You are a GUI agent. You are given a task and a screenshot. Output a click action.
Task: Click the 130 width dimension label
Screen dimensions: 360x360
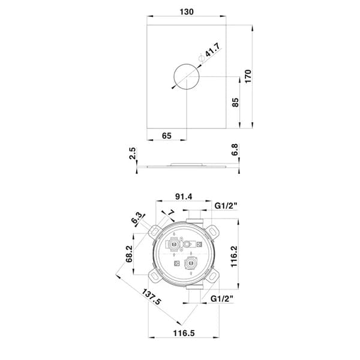[x=187, y=12]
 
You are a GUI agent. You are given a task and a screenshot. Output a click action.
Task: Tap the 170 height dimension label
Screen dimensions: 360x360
[x=248, y=76]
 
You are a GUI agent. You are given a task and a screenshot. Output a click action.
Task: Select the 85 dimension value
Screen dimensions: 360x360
[x=235, y=103]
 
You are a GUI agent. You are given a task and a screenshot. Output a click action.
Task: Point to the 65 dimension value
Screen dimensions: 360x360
[x=167, y=136]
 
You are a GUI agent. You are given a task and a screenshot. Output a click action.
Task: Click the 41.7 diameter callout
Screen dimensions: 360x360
[x=212, y=50]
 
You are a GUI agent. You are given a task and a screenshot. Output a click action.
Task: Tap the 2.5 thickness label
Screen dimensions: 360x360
[x=133, y=154]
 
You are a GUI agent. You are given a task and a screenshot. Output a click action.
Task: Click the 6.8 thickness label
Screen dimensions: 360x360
[x=235, y=149]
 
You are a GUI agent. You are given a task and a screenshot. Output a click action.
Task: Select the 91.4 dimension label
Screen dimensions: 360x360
[x=184, y=197]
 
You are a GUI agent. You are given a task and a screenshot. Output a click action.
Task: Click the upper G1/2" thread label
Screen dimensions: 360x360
[x=226, y=205]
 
